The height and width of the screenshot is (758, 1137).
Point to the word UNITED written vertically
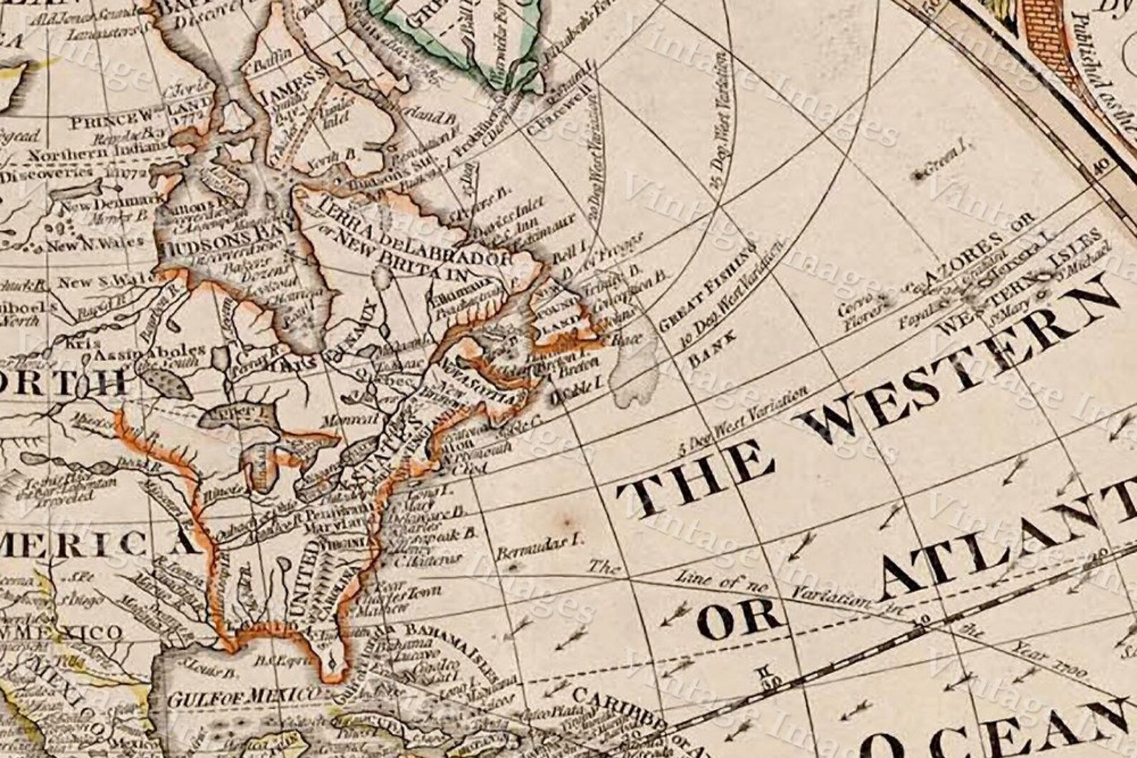306,578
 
